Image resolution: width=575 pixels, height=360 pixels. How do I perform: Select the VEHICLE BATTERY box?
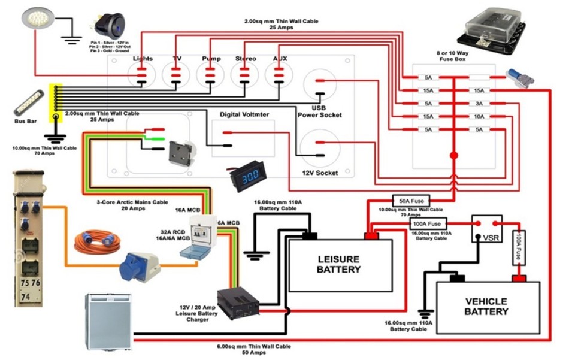[486, 306]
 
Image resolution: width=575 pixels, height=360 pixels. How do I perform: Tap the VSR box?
[486, 229]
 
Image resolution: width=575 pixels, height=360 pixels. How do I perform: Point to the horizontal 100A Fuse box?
[426, 225]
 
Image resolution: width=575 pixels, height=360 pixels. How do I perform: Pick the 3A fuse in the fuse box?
[479, 103]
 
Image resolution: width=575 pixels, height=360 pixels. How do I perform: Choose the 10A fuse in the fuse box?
[479, 116]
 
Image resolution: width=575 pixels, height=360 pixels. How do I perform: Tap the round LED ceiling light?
[34, 19]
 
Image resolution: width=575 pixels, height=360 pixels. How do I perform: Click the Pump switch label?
[210, 59]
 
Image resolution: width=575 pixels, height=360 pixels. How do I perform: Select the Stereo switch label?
[245, 59]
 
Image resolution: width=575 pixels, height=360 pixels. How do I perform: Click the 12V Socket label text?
[320, 173]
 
